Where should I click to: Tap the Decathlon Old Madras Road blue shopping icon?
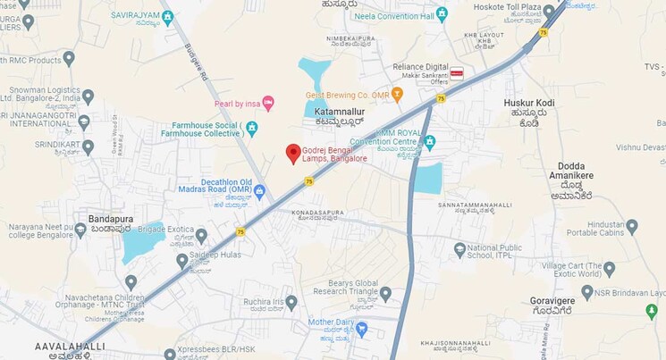(x=259, y=190)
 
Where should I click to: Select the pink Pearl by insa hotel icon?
(x=268, y=105)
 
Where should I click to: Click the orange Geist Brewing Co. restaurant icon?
(x=397, y=94)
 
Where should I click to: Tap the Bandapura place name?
(x=111, y=217)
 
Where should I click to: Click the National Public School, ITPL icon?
(x=459, y=249)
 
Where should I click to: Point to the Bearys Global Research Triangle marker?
(x=385, y=293)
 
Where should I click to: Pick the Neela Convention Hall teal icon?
(x=441, y=15)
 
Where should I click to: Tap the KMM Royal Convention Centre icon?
(x=429, y=141)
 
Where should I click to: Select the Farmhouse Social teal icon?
(x=252, y=129)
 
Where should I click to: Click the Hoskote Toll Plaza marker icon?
(x=548, y=11)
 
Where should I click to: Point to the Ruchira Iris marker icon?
(x=291, y=302)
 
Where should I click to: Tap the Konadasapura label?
(x=318, y=213)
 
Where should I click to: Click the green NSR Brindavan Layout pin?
(x=651, y=310)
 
